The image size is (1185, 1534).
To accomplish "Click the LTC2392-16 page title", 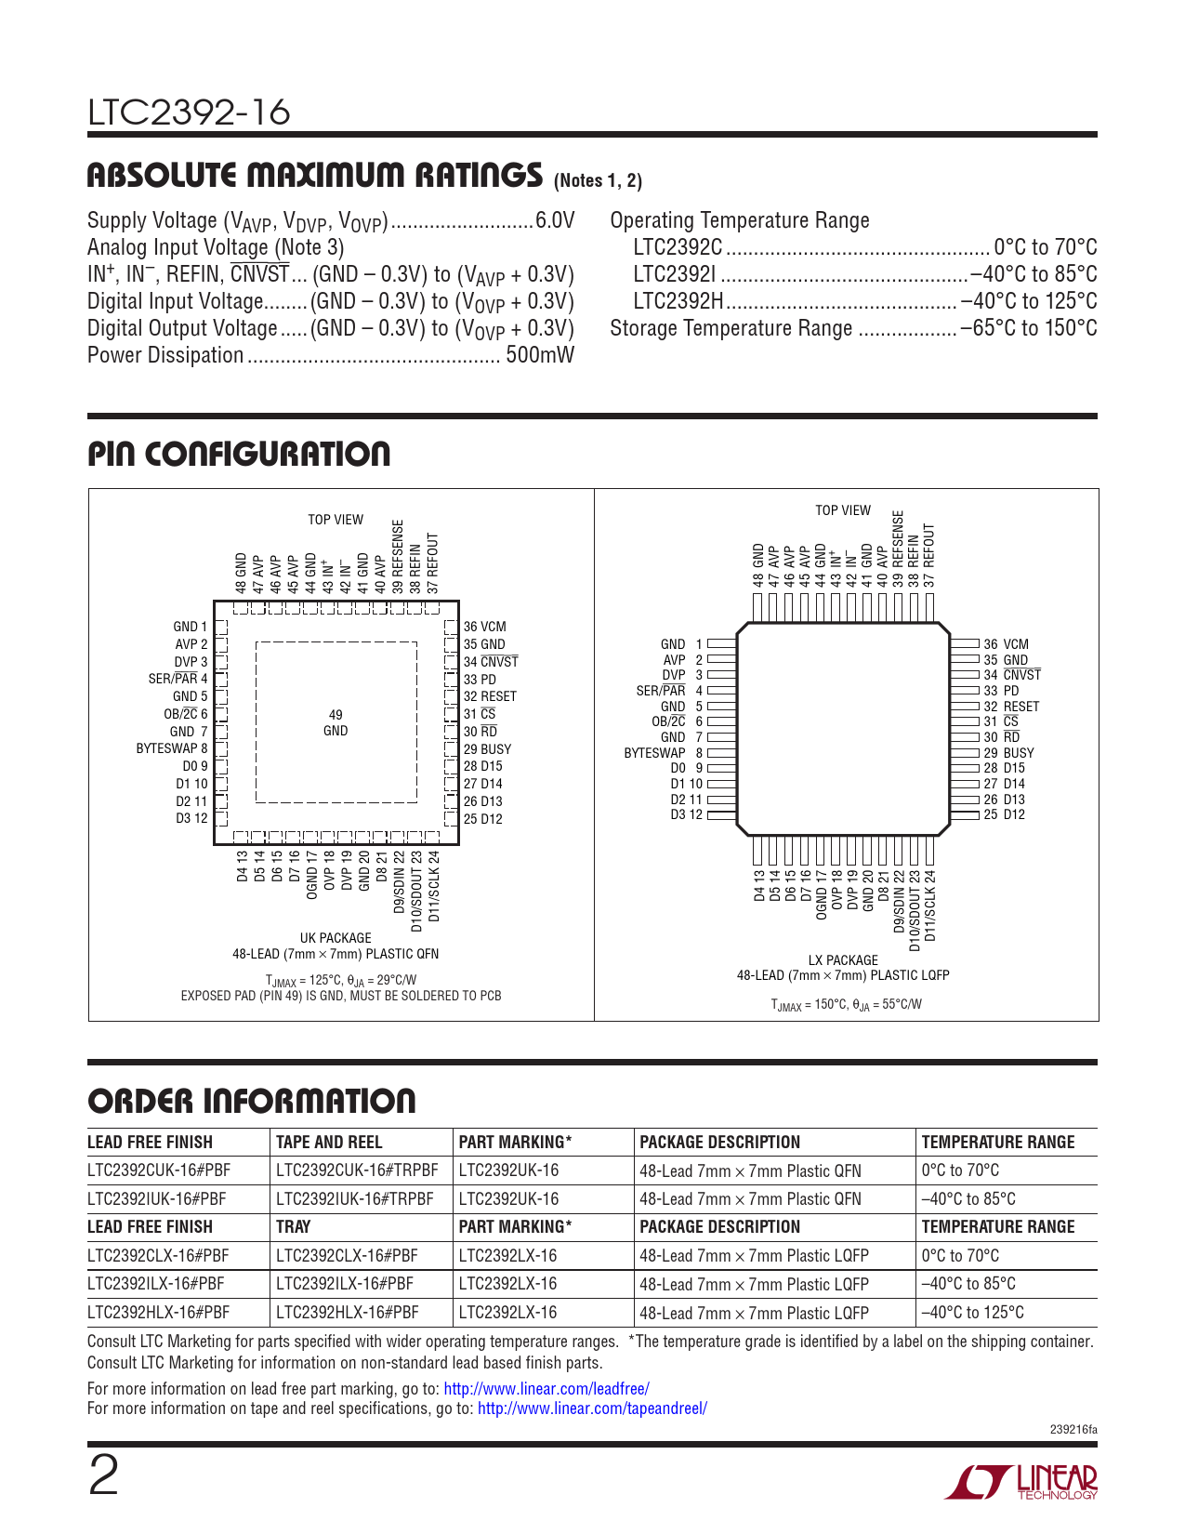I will tap(189, 112).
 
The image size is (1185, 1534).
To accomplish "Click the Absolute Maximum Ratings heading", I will tap(314, 176).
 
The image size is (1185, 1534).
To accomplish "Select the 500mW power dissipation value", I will tap(540, 355).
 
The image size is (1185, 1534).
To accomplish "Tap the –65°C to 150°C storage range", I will tap(1029, 328).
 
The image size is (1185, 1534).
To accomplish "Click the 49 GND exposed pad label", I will tap(336, 722).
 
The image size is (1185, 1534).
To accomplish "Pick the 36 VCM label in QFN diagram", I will tap(485, 627).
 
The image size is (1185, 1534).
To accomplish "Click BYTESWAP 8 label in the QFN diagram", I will tap(172, 748).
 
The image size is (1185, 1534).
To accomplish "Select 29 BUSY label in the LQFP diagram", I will tap(1008, 753).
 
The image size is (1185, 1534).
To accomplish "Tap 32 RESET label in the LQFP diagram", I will tap(1011, 707).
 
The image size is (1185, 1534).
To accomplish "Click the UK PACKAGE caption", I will tap(336, 938).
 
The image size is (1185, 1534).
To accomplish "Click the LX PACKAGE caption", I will tap(843, 960).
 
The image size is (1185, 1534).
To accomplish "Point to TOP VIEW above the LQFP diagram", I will tap(843, 510).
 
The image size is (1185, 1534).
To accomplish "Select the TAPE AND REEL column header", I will tap(329, 1142).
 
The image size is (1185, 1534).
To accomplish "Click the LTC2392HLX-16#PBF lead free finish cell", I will tap(158, 1313).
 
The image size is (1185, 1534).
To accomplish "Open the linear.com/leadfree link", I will tap(546, 1389).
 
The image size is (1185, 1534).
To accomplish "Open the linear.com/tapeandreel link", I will tap(592, 1408).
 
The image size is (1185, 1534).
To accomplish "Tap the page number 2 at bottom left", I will tap(103, 1477).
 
